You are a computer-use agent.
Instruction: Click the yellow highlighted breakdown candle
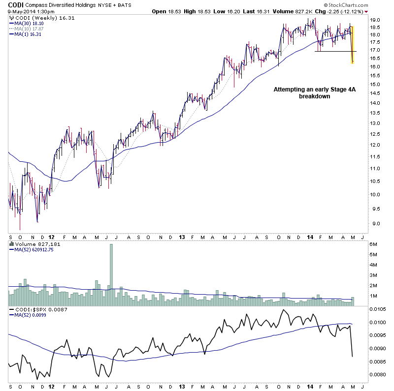click(353, 45)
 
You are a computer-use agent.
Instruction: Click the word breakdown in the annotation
click(314, 97)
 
